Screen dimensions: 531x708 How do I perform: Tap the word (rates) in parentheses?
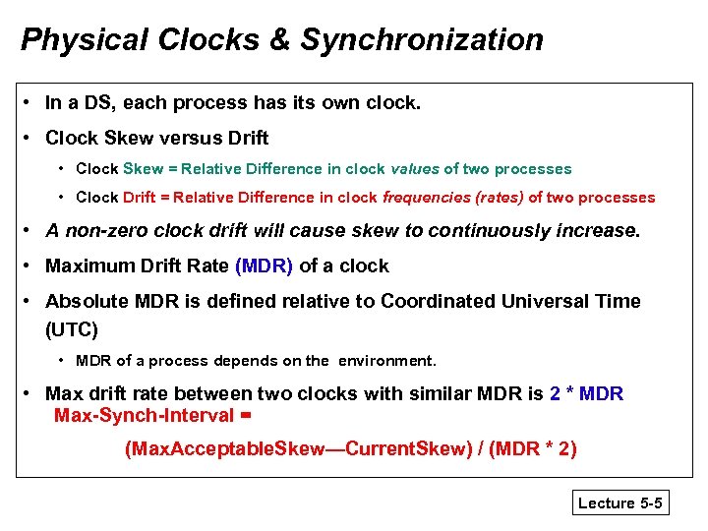point(499,197)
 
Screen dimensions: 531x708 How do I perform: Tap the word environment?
point(386,360)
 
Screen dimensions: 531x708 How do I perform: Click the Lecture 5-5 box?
point(620,503)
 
